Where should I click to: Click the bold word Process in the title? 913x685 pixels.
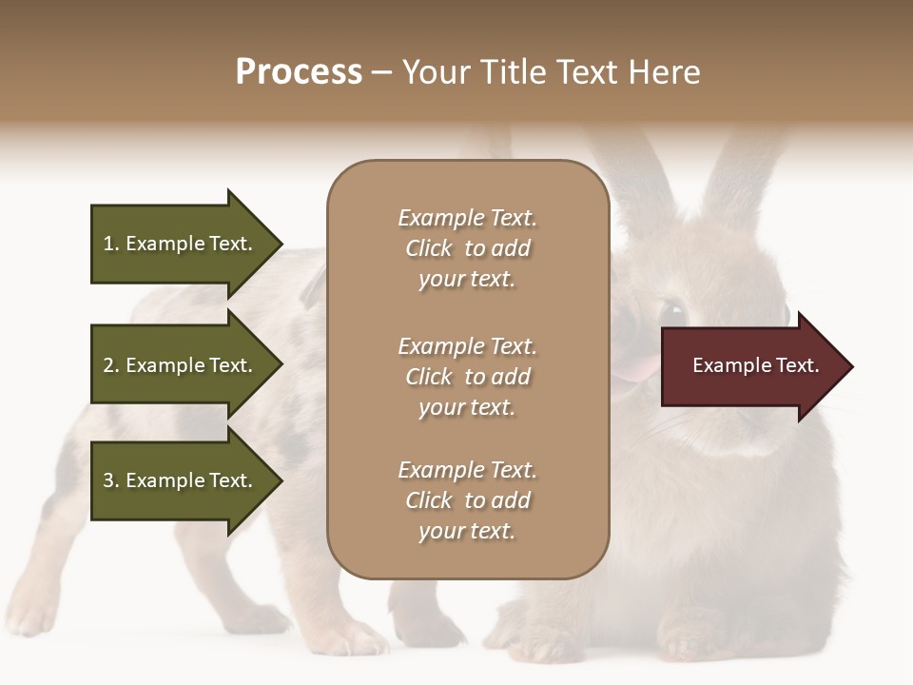299,72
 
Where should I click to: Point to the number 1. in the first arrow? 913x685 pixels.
111,244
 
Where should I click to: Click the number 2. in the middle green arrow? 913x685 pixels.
111,365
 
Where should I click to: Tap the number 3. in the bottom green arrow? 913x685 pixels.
111,480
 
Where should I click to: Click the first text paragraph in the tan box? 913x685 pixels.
467,248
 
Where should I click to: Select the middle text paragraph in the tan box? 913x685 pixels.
467,377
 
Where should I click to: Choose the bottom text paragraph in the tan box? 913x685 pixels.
467,500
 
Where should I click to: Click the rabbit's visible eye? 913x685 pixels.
671,311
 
